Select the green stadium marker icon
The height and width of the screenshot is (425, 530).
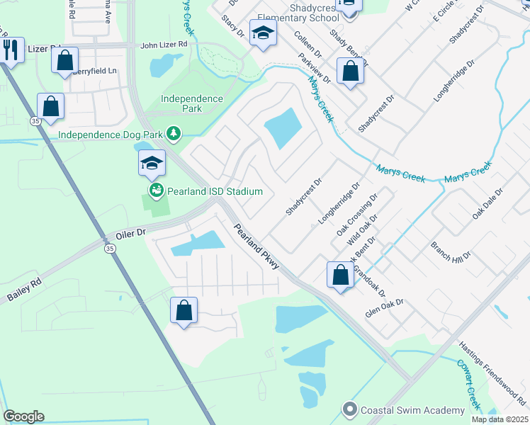click(x=155, y=191)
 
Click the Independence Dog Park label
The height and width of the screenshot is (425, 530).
click(x=111, y=134)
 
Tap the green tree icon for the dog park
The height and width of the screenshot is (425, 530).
click(x=172, y=133)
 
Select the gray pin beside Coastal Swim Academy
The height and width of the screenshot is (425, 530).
click(x=349, y=409)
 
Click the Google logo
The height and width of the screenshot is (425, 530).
click(x=23, y=416)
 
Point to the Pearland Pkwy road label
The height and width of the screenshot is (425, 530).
click(x=257, y=247)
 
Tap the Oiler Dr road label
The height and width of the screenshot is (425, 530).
click(x=130, y=232)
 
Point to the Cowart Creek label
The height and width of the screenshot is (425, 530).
click(x=468, y=385)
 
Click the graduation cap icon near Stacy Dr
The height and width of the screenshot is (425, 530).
click(x=264, y=34)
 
